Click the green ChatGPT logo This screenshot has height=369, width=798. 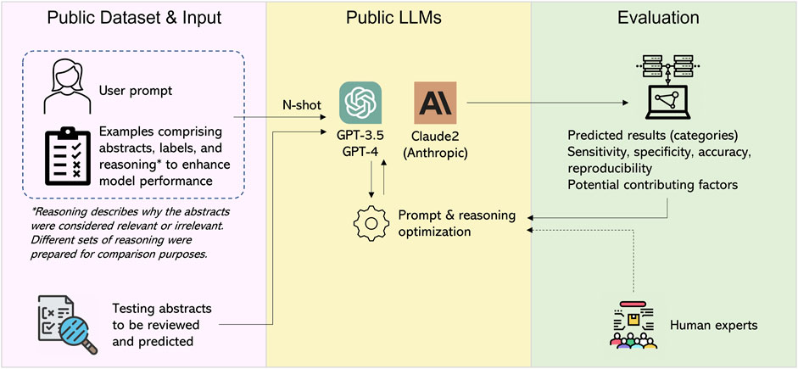pyautogui.click(x=360, y=103)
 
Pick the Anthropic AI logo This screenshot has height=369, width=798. pyautogui.click(x=435, y=103)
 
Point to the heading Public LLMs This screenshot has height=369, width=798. pyautogui.click(x=398, y=18)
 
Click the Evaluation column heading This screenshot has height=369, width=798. pyautogui.click(x=664, y=18)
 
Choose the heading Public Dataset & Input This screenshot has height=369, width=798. pyautogui.click(x=134, y=18)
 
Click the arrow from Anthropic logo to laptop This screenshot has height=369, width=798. pyautogui.click(x=543, y=102)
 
